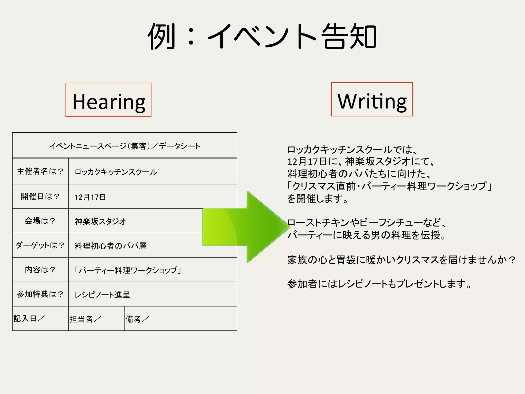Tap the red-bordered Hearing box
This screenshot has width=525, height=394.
pos(108,100)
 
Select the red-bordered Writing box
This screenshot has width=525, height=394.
pos(372,100)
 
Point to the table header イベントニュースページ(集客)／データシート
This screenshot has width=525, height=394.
pos(125,146)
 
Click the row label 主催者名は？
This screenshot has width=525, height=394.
pos(40,171)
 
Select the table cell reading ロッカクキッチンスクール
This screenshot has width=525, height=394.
pos(116,172)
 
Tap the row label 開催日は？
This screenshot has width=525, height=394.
pos(40,196)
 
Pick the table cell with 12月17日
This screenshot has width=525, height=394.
pos(90,197)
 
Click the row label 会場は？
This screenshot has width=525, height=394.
pos(40,221)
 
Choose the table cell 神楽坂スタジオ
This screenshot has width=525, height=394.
pos(100,221)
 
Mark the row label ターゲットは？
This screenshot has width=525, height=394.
pos(40,245)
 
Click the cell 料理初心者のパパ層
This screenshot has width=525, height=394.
pos(110,246)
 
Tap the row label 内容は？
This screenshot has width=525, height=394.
pos(40,270)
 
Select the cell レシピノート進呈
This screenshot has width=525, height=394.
pos(102,294)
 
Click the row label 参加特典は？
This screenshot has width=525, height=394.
pos(40,294)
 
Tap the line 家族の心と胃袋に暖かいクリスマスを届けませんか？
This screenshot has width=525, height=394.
pos(401,260)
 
